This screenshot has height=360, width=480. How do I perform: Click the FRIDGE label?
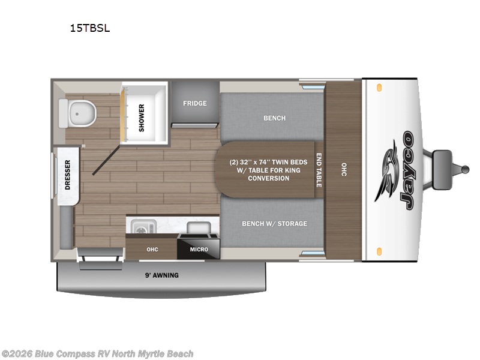point(194,103)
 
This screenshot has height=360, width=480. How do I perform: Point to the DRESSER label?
point(67,175)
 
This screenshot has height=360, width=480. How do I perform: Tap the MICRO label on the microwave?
point(199,249)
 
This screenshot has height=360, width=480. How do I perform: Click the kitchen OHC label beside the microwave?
point(152,249)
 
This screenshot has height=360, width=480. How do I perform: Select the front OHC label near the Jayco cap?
point(344,170)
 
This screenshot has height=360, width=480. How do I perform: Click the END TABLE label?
point(319,170)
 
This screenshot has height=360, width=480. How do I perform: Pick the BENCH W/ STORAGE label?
point(274,224)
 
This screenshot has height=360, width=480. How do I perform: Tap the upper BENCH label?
point(274,118)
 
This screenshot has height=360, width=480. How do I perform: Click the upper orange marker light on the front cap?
point(379,88)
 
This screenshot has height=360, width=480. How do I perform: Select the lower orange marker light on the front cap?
point(379,250)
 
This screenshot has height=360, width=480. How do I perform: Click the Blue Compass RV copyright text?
point(97,354)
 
